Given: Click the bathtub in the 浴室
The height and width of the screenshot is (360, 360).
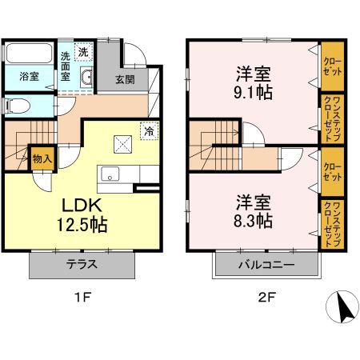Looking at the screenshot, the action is coord(29,54).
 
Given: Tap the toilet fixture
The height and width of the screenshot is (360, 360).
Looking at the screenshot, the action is coord(17,106).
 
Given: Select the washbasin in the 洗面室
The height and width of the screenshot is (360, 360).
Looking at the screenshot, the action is coord(86,78).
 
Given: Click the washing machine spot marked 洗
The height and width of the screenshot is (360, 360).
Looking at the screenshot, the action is coord(83,52).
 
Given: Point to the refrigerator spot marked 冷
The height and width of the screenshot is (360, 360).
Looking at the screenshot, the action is coord(150,131).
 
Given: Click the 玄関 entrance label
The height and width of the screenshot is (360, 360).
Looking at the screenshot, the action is coord(125,80).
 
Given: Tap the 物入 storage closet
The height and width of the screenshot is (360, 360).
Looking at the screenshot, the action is coord(42,159).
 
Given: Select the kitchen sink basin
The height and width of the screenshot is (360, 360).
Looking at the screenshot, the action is coord(110,174).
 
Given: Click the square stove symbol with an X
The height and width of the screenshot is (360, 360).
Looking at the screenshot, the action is coord(122,144).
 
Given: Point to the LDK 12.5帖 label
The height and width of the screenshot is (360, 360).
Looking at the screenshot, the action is coord(82,215).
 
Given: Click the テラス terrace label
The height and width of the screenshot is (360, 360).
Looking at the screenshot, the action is coord(82,265).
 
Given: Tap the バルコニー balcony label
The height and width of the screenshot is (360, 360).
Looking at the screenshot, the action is coord(266,265).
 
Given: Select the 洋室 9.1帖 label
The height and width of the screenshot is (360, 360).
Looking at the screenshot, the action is coord(253,83).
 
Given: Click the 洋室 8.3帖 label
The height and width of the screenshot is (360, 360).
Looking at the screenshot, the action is coord(253,211).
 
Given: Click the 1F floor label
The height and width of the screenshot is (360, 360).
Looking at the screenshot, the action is coord(83,298).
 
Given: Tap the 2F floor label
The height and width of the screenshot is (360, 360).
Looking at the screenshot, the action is coord(266,298).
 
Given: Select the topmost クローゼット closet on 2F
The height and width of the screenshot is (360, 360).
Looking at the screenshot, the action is coord(332,66).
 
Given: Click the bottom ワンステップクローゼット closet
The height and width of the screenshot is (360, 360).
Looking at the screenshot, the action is coord(332,224).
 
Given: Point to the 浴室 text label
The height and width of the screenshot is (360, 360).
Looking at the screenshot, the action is coord(29,77).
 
